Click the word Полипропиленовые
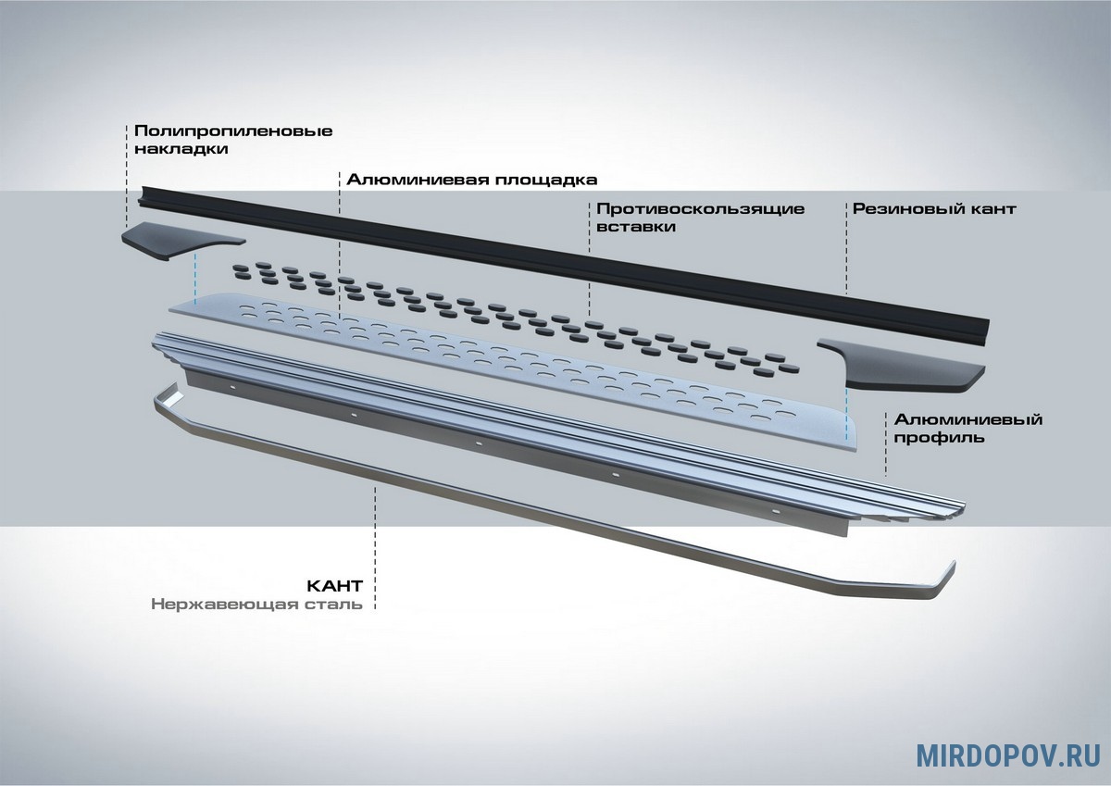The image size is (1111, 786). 233,131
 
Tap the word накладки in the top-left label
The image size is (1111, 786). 181,149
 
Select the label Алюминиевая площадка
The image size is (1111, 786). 471,180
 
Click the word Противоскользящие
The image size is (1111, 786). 700,209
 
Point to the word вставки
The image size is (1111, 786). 636,227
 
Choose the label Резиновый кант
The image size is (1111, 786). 934,209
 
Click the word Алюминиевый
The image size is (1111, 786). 968,420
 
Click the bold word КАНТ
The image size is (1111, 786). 335,586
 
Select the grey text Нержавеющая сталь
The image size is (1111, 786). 257,605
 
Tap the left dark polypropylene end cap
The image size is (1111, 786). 183,241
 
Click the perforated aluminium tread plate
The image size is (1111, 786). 513,372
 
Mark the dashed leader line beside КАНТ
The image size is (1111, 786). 375,548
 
